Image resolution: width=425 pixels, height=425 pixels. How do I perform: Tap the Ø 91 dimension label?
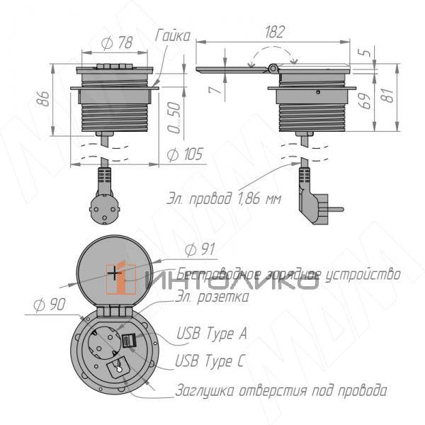point(200,249)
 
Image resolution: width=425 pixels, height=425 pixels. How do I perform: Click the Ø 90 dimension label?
point(49,306)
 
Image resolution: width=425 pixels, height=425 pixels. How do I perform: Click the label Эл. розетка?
point(212,297)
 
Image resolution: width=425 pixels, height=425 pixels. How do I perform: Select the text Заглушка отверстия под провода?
point(280,391)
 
